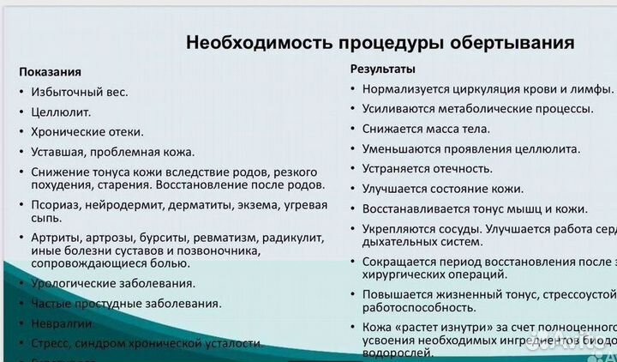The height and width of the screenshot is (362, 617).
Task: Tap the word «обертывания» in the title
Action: pyautogui.click(x=518, y=42)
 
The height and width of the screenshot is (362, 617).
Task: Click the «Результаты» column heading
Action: pyautogui.click(x=383, y=69)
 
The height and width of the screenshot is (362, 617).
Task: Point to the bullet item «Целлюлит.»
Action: pyautogui.click(x=61, y=112)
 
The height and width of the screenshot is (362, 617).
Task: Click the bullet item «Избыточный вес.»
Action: pyautogui.click(x=80, y=92)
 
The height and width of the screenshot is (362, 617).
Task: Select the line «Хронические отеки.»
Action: pyautogui.click(x=87, y=132)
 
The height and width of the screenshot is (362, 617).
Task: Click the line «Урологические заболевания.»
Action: pyautogui.click(x=113, y=283)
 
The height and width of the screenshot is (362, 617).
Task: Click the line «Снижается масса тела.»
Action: pyautogui.click(x=426, y=129)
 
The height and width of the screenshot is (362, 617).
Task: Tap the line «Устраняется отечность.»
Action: pyautogui.click(x=427, y=169)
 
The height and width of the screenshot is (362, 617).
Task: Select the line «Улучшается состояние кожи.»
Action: pyautogui.click(x=442, y=189)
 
